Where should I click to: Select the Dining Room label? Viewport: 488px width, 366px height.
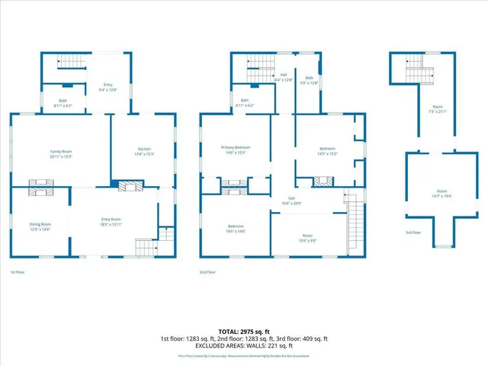point(40,226)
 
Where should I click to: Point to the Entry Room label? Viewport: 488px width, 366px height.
point(111,222)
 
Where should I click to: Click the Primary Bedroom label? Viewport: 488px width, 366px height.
point(236,149)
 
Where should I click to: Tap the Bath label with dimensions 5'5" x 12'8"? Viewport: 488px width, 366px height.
point(310,80)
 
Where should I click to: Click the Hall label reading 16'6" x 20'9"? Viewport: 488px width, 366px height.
point(285,201)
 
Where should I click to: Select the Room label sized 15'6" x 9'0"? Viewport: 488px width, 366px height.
point(307,238)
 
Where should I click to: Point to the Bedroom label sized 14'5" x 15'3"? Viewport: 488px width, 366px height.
point(326,150)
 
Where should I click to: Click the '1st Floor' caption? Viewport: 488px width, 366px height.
point(17,272)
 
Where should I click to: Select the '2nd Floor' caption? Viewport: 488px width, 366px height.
point(207,272)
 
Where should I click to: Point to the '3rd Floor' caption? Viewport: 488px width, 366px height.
point(413,233)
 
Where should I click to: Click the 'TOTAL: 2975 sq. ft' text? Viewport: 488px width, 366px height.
point(244,332)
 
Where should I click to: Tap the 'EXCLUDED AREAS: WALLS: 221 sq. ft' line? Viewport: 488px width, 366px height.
point(244,345)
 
